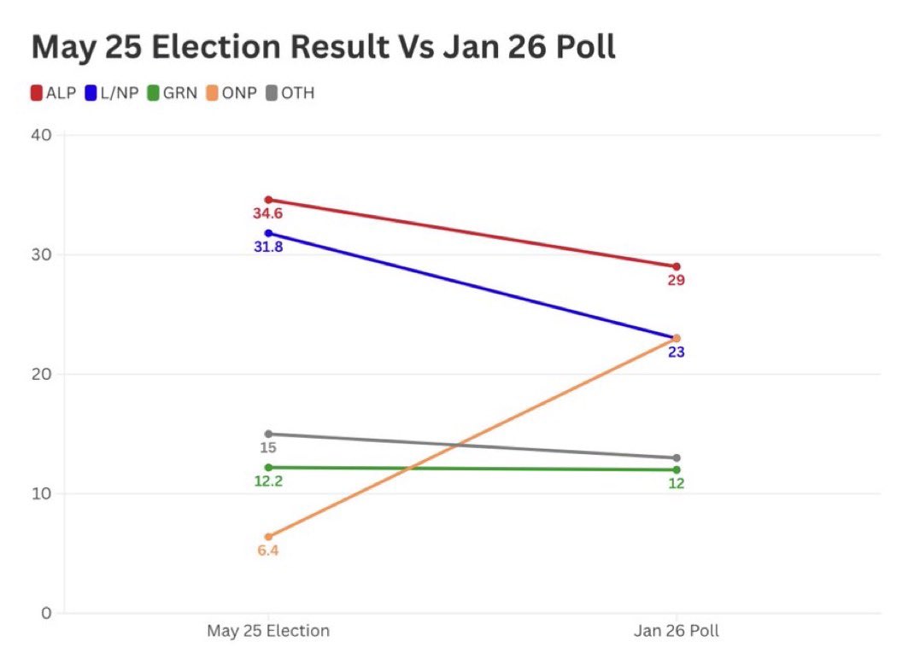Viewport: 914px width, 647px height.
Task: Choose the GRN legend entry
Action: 174,93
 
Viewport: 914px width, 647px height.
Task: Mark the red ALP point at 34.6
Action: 268,200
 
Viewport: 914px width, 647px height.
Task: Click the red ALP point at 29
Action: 677,266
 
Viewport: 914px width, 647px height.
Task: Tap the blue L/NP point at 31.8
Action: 268,233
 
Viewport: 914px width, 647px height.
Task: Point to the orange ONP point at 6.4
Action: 268,537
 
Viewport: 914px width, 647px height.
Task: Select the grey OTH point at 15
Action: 268,434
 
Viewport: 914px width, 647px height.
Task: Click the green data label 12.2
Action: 268,481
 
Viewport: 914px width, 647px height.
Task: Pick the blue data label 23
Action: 677,352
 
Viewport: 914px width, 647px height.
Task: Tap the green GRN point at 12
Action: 677,469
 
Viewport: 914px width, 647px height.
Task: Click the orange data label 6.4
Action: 268,551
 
